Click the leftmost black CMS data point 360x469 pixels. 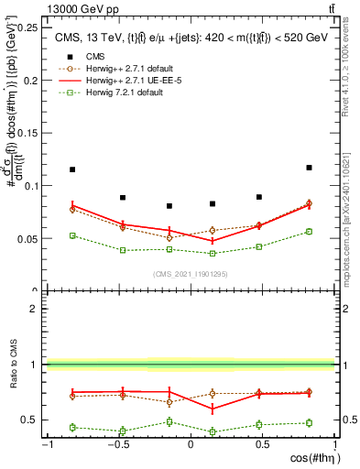tap(72, 169)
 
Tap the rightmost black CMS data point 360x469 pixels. tap(309, 168)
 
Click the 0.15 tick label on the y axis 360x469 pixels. tap(29, 133)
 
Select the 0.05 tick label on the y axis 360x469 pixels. tap(29, 238)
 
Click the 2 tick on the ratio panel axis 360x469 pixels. tap(36, 309)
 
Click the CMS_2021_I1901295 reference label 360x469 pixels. tap(190, 274)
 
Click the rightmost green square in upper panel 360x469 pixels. tap(309, 231)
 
